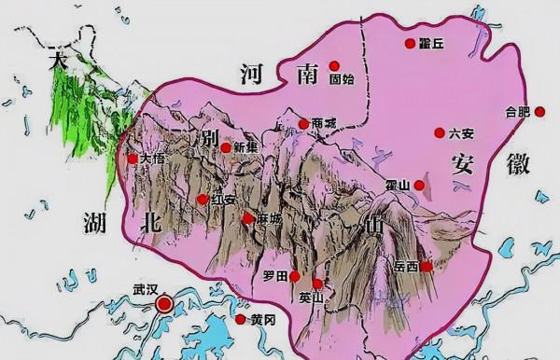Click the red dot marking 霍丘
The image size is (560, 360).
pyautogui.click(x=409, y=43)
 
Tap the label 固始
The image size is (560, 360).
pyautogui.click(x=343, y=80)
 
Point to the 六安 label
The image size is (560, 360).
pyautogui.click(x=461, y=133)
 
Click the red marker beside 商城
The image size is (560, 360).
pyautogui.click(x=303, y=124)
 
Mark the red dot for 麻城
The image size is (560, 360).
pyautogui.click(x=247, y=219)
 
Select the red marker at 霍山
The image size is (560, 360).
pyautogui.click(x=419, y=187)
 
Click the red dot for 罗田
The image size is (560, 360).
pyautogui.click(x=295, y=276)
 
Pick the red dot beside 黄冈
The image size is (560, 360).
pyautogui.click(x=241, y=319)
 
